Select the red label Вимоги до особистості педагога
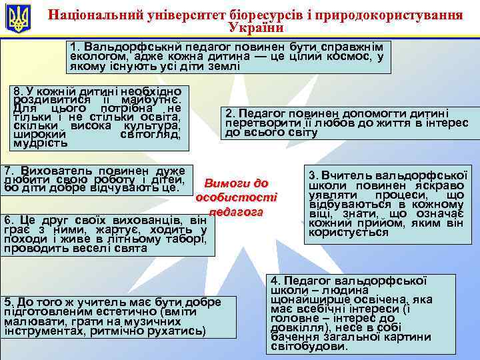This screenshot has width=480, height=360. coord(237,197)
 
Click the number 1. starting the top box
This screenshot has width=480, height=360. coord(75,48)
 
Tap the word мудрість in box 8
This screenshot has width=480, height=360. coord(39,142)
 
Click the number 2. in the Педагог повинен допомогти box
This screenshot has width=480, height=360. coord(231,113)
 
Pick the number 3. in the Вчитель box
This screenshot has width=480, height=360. coord(313,175)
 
